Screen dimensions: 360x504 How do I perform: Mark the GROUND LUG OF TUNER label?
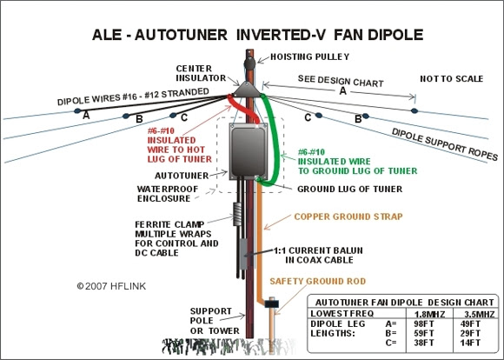[342, 188]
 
